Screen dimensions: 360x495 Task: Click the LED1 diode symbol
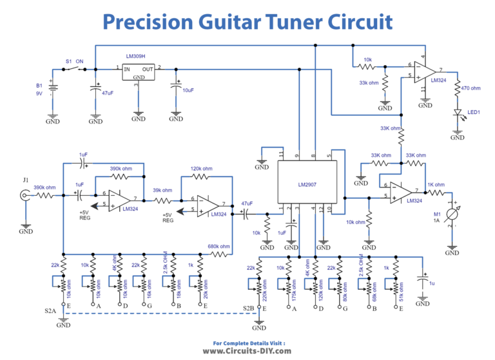[x=457, y=114]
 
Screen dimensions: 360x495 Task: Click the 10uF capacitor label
[x=188, y=90]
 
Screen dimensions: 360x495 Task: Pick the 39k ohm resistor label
[x=162, y=190]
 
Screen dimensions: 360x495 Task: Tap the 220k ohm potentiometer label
[x=266, y=285]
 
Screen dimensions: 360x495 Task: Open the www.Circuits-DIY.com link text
[x=247, y=351]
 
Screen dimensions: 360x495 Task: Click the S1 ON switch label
[x=75, y=61]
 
